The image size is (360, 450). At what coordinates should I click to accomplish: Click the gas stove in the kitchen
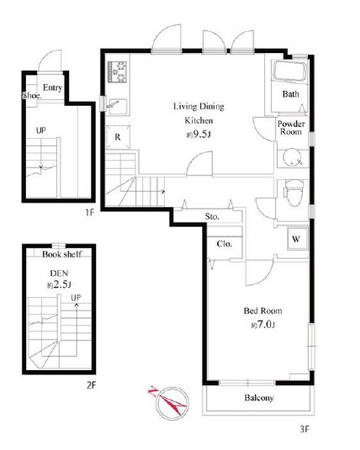[x=117, y=71]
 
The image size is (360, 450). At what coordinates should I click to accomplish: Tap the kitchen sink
[x=118, y=106]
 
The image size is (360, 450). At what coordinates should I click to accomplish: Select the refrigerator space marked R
[x=118, y=137]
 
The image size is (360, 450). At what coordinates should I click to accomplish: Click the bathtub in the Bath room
[x=289, y=71]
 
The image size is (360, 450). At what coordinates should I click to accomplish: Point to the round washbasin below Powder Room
[x=292, y=157]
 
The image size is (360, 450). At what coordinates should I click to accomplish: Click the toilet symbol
[x=294, y=193]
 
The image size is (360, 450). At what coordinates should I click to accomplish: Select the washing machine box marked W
[x=297, y=239]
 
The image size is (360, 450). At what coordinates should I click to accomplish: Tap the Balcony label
[x=259, y=398]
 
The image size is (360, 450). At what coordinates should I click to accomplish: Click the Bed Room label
[x=262, y=311]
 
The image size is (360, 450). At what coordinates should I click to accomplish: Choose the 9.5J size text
[x=199, y=135]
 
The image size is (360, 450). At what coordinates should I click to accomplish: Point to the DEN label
[x=59, y=273]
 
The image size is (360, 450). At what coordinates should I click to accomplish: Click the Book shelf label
[x=61, y=254]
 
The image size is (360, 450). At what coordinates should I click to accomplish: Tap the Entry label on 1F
[x=52, y=87]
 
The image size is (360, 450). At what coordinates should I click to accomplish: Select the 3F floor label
[x=304, y=429]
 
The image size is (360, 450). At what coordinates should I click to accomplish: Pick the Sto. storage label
[x=212, y=216]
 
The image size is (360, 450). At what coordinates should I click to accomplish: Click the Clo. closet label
[x=225, y=244]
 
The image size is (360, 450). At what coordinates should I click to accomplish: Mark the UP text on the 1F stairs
[x=40, y=130]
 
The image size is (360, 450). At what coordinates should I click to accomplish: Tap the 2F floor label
[x=91, y=385]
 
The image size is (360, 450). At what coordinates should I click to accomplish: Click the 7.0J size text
[x=263, y=325]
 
